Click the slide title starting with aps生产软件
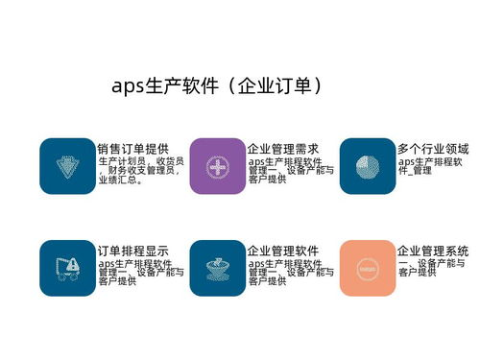click(215, 85)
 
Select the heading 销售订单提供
click(132, 149)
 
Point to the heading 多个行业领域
click(433, 149)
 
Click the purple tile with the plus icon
click(217, 166)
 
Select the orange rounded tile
click(368, 268)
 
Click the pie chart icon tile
click(368, 166)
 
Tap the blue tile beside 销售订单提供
click(67, 166)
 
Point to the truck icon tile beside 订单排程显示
click(67, 268)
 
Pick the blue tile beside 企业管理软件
click(217, 268)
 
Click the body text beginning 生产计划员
click(139, 170)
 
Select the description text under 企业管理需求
click(290, 170)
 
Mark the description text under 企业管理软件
click(290, 272)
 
